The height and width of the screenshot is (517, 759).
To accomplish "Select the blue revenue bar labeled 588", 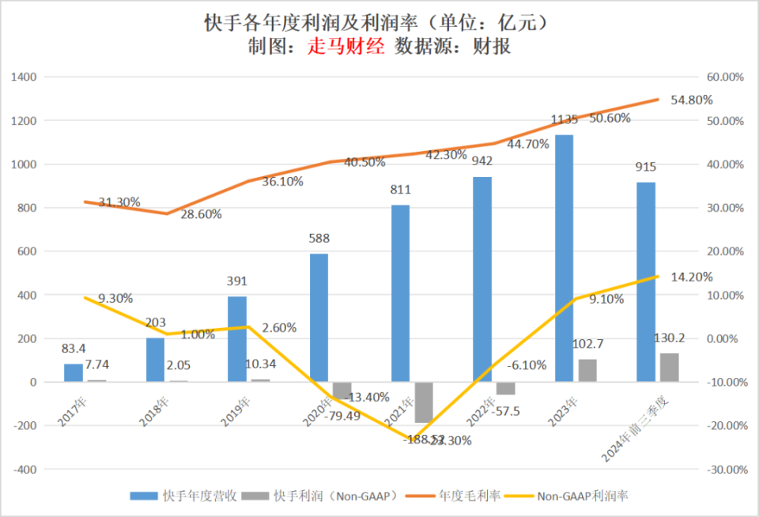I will [319, 318].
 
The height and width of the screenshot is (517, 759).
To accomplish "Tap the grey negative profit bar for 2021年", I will [424, 402].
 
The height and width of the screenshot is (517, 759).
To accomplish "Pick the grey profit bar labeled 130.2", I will [669, 368].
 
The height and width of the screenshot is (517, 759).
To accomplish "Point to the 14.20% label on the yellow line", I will [691, 277].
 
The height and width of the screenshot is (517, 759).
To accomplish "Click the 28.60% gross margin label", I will [199, 214].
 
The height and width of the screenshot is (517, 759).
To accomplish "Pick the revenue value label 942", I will [482, 161].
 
